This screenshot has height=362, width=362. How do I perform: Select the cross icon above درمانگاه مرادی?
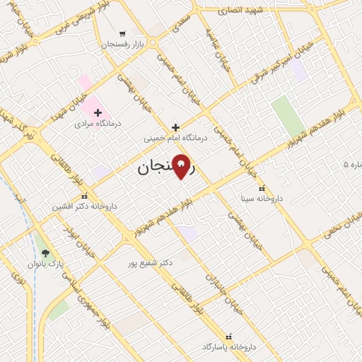coord(98,112)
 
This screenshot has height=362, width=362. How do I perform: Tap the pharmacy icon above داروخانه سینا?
coord(262,188)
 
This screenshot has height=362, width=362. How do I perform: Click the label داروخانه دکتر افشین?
coord(84,206)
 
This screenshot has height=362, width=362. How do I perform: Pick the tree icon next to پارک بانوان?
coord(46,253)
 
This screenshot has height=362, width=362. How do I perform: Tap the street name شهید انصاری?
coord(240,11)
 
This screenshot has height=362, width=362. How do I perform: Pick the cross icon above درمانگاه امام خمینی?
coord(175,127)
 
